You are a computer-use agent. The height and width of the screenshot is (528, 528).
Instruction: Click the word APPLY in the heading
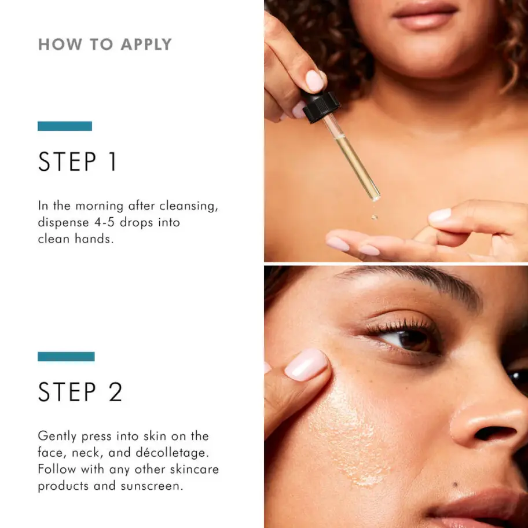coord(146,45)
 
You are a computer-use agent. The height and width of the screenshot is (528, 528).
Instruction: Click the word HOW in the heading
coord(60,45)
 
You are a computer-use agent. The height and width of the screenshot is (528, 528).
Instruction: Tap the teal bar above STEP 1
coord(65,126)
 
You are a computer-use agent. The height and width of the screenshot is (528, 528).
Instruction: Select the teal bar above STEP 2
coord(66,357)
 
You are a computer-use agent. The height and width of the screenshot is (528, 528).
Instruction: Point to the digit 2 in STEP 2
coord(115,391)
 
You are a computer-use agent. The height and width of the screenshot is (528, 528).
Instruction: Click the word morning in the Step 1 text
coord(100,206)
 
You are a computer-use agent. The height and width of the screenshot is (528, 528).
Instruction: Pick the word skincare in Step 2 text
coord(195,469)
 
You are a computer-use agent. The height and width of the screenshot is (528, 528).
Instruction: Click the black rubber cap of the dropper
coord(321,106)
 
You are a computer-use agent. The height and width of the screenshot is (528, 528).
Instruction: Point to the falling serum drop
coord(374,217)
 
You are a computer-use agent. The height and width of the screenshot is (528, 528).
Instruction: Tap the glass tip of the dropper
coord(376,197)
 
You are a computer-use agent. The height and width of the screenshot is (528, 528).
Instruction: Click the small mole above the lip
coord(455,485)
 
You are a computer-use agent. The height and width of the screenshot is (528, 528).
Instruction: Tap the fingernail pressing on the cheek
coord(306,365)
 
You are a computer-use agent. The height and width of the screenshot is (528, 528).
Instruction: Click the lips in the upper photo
coord(425,16)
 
